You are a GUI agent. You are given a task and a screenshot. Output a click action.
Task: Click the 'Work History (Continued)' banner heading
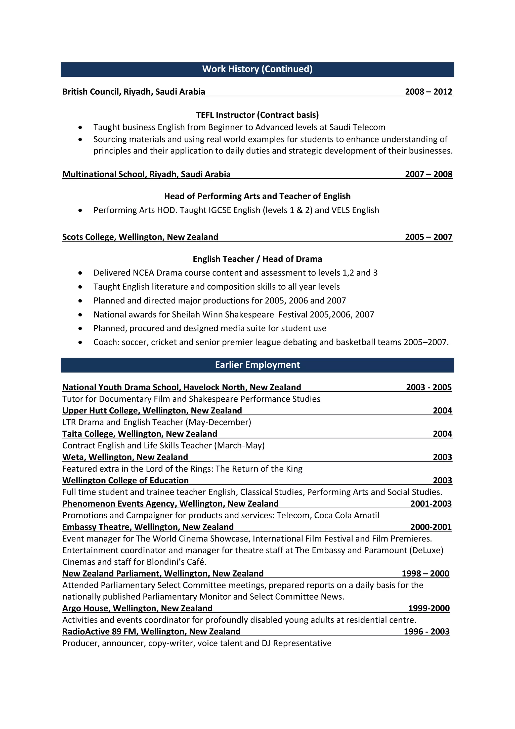pyautogui.click(x=257, y=69)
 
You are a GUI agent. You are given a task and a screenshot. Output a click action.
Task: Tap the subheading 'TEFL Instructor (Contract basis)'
pyautogui.click(x=257, y=115)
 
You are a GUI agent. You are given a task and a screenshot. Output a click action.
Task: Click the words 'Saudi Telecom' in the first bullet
pyautogui.click(x=357, y=127)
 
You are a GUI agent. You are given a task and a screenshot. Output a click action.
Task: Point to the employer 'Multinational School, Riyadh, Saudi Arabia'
pyautogui.click(x=146, y=174)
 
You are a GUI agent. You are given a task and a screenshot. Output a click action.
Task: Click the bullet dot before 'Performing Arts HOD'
pyautogui.click(x=80, y=211)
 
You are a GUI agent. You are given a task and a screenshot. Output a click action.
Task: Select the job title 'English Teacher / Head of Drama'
pyautogui.click(x=257, y=259)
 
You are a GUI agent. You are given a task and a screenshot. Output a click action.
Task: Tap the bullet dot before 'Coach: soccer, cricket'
pyautogui.click(x=80, y=342)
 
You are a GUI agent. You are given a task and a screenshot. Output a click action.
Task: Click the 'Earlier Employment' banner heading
pyautogui.click(x=257, y=365)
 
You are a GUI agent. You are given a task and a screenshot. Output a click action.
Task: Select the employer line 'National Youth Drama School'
pyautogui.click(x=181, y=387)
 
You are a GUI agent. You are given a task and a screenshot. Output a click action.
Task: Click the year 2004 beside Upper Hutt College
pyautogui.click(x=442, y=411)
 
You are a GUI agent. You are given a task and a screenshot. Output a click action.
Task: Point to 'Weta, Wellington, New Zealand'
pyautogui.click(x=125, y=457)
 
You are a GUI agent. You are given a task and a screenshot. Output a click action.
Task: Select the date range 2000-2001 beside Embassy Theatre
pyautogui.click(x=431, y=527)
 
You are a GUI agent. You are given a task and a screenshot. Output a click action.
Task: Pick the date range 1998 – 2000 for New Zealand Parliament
pyautogui.click(x=425, y=574)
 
